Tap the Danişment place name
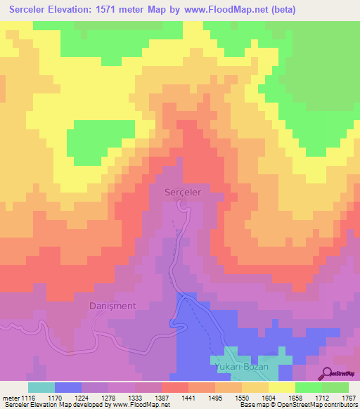click(x=117, y=306)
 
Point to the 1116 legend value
click(x=27, y=397)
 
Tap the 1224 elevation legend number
click(x=92, y=397)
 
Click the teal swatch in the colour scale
click(x=41, y=387)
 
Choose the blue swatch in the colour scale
click(x=67, y=387)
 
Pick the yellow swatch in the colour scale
click(x=281, y=387)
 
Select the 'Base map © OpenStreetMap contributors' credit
click(x=297, y=405)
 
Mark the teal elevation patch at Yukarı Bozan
click(x=239, y=356)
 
